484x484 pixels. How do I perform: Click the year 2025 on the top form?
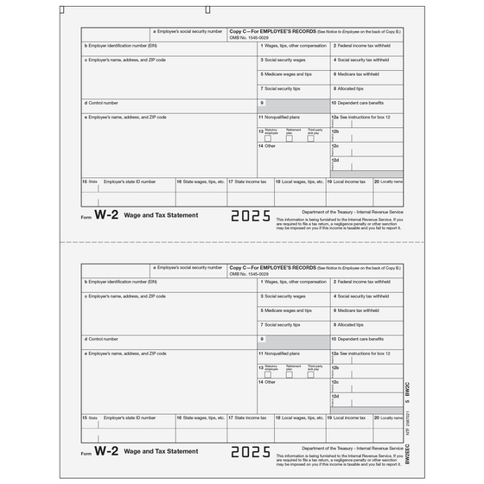point(252,217)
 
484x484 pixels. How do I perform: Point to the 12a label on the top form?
point(335,116)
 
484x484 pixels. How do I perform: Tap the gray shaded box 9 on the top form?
point(293,104)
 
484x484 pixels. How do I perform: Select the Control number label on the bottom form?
point(102,338)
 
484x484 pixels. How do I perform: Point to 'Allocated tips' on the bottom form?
point(353,324)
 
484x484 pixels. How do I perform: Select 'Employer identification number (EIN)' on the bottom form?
point(121,280)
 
